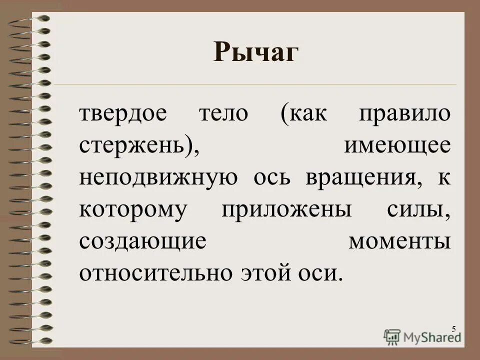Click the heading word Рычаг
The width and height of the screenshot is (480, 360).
pyautogui.click(x=255, y=53)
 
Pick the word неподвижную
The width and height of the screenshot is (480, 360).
pyautogui.click(x=157, y=178)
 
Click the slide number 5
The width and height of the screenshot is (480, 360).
pyautogui.click(x=453, y=328)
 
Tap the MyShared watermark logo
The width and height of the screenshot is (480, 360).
pyautogui.click(x=422, y=336)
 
